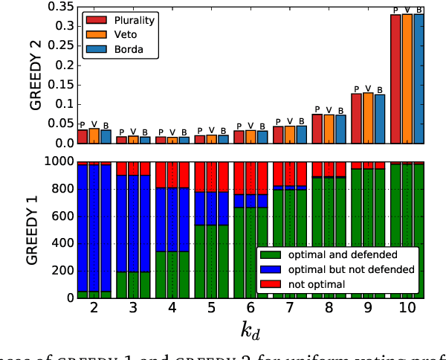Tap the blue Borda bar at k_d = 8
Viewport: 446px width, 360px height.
pos(340,129)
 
